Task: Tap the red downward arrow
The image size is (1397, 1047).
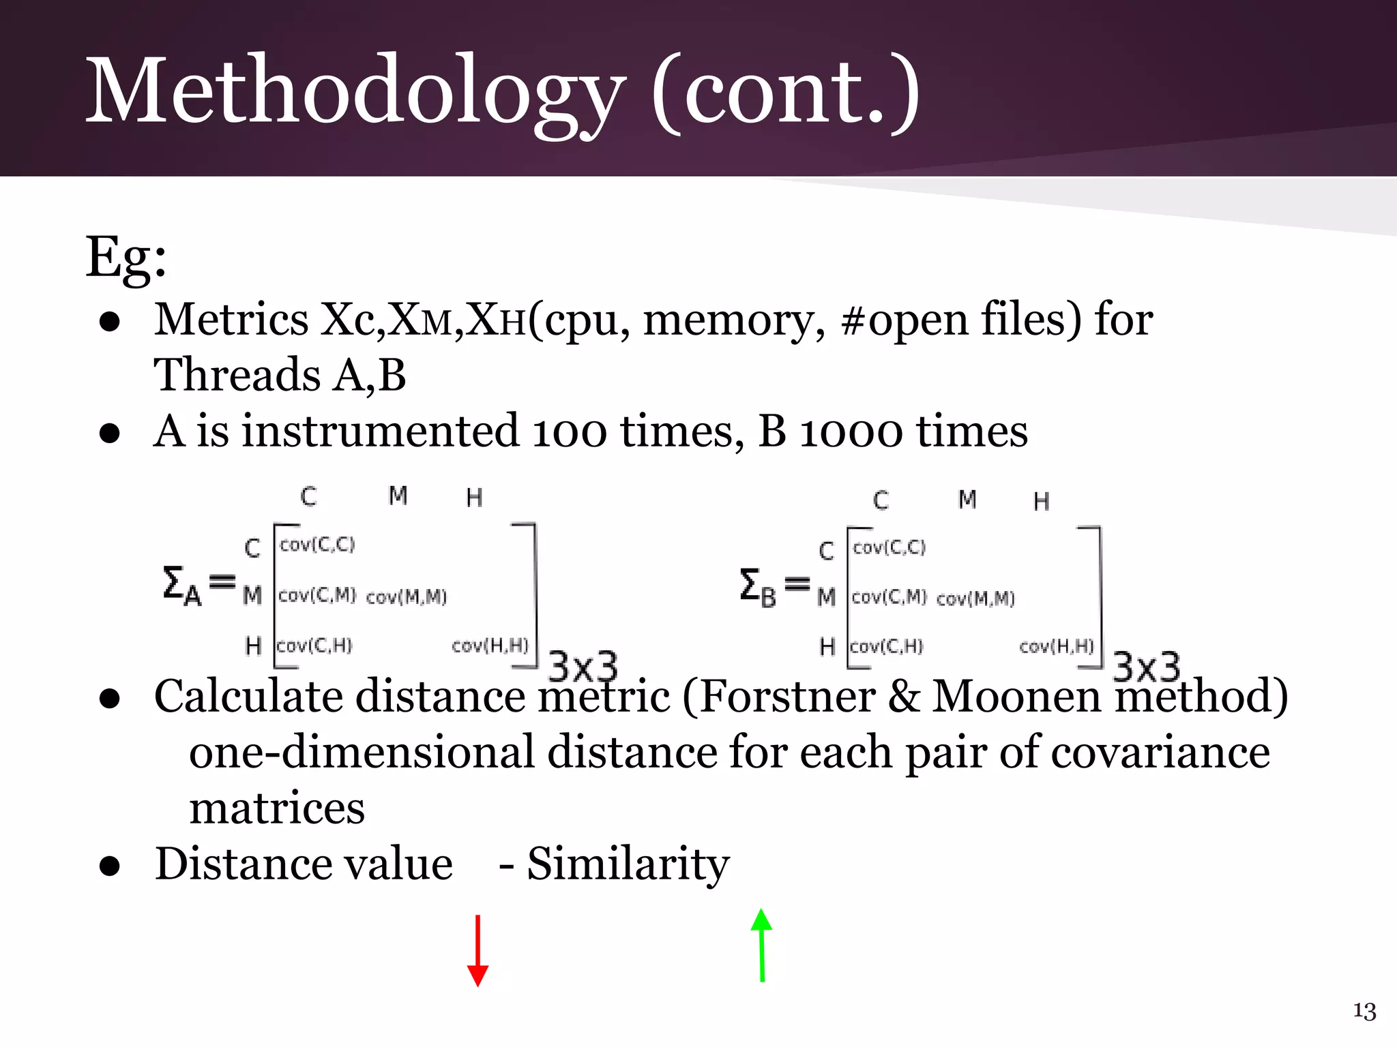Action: [x=477, y=952]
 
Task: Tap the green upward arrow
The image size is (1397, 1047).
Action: [x=761, y=946]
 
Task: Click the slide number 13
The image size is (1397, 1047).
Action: [x=1364, y=1011]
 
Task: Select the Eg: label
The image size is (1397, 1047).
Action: [x=126, y=258]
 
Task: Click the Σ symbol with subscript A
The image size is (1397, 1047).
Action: [x=181, y=586]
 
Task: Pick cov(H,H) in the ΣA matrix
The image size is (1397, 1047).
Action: [x=490, y=645]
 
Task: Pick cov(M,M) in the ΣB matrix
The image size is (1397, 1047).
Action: [x=975, y=598]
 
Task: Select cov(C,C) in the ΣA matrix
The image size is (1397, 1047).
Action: [x=317, y=545]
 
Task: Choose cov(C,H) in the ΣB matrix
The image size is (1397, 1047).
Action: [x=887, y=646]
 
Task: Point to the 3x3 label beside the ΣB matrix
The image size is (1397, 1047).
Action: [x=1146, y=667]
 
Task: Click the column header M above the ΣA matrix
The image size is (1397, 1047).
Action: [x=398, y=496]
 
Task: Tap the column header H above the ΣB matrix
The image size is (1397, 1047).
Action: [x=1041, y=502]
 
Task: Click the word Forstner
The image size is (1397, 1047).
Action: [x=788, y=697]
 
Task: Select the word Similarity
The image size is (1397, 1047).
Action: [x=628, y=864]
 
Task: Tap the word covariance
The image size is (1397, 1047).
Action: [x=1160, y=753]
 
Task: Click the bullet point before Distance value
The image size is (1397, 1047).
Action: [x=110, y=866]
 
